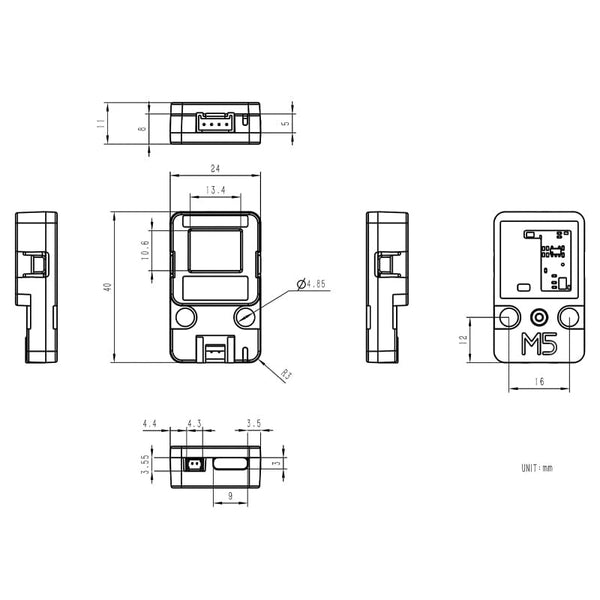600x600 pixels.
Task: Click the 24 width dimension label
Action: pos(215,168)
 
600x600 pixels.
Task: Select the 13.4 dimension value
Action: pos(215,189)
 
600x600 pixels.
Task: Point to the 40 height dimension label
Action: pos(107,287)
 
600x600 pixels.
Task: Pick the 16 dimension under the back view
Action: pos(539,382)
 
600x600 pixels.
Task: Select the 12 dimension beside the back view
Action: pos(464,339)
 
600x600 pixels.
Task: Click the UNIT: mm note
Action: pos(536,467)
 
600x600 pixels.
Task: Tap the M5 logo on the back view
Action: pos(539,345)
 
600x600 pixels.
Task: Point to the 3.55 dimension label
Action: pos(145,464)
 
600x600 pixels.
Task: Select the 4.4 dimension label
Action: pos(150,424)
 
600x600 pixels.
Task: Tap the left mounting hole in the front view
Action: pos(185,317)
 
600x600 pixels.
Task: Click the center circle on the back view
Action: pos(539,316)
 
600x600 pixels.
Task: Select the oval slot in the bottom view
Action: pos(231,464)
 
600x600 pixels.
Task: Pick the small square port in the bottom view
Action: pos(193,464)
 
